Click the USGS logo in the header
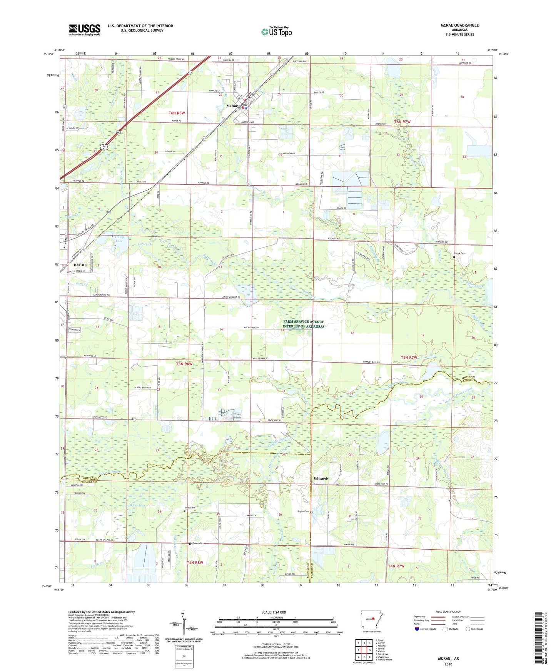pos(85,30)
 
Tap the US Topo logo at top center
pos(276,32)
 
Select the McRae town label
pos(232,106)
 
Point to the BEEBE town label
pos(80,265)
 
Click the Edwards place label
pos(321,478)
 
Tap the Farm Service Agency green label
pos(304,324)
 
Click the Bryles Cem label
pos(303,512)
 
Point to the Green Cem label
pos(197,543)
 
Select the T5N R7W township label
pos(409,358)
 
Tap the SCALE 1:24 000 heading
pos(274,612)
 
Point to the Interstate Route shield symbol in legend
pos(417,629)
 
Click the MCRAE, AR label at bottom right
pos(448,659)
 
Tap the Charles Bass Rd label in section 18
pos(371,362)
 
